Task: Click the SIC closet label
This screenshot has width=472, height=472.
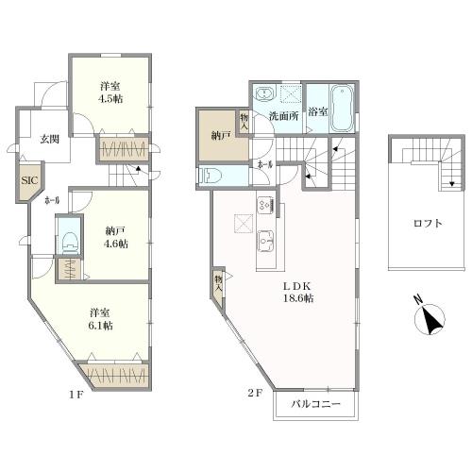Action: [x=29, y=180]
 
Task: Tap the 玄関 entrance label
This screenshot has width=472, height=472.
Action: [x=50, y=139]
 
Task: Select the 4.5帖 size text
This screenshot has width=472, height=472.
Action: [x=110, y=98]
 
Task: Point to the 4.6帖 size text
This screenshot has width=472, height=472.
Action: [x=116, y=244]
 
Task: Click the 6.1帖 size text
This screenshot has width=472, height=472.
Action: [x=101, y=326]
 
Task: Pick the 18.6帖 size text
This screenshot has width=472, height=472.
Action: [x=298, y=298]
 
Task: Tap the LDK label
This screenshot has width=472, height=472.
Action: [x=297, y=286]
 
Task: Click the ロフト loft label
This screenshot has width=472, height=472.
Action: [x=428, y=224]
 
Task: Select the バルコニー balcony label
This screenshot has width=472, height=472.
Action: [x=315, y=404]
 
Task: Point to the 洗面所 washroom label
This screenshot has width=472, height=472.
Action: [x=283, y=116]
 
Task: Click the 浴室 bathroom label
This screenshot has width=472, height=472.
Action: [x=317, y=111]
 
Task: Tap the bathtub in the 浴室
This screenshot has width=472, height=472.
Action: [x=342, y=108]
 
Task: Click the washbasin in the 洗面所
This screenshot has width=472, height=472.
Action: [x=265, y=93]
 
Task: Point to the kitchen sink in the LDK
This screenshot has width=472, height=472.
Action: [x=266, y=241]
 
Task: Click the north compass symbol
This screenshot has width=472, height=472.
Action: [x=430, y=319]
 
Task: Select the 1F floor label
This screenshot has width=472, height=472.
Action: [x=76, y=396]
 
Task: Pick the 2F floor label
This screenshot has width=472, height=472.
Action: [x=255, y=393]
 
